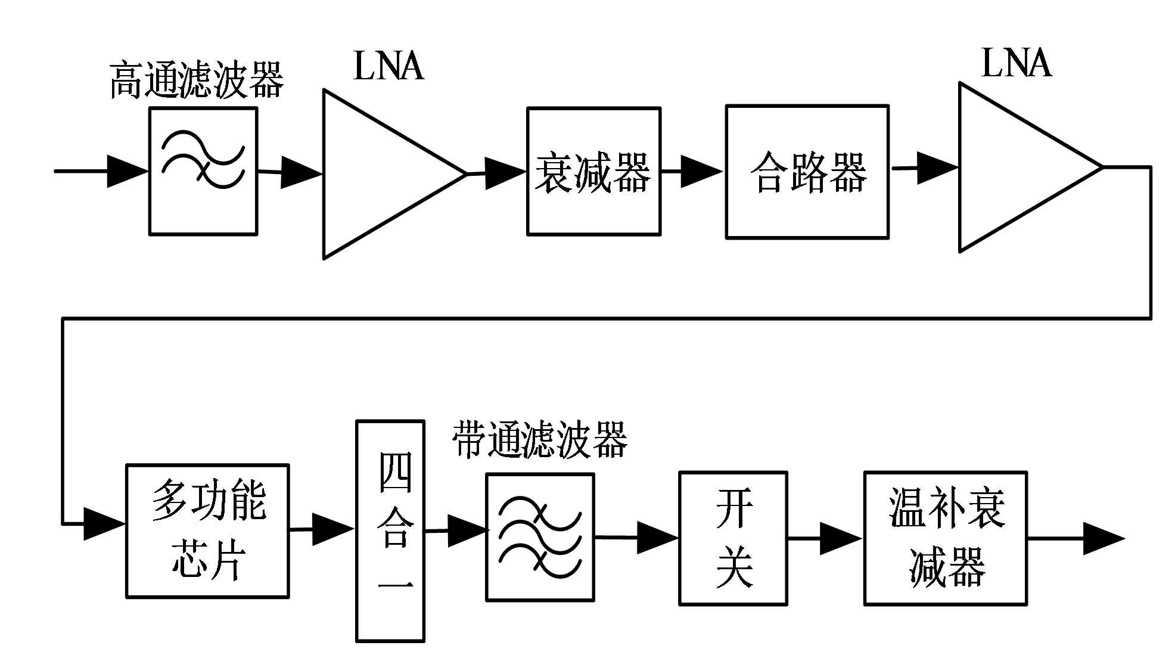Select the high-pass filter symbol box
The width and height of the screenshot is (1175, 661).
click(203, 171)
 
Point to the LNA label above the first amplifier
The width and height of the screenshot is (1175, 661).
click(388, 66)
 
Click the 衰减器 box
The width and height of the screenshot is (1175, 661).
click(593, 172)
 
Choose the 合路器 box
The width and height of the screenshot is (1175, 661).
click(807, 172)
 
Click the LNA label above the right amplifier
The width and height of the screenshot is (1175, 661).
click(1016, 63)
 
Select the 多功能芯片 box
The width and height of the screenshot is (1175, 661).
click(207, 531)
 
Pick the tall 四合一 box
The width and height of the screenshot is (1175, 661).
click(390, 531)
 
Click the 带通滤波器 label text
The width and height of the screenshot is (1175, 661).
click(540, 440)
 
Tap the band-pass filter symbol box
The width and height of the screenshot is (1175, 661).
click(540, 537)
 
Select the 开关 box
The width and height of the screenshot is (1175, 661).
click(733, 538)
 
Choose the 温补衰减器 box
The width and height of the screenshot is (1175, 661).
click(945, 538)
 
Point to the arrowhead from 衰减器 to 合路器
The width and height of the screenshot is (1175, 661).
click(701, 171)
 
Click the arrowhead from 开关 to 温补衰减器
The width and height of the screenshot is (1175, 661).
click(840, 539)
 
